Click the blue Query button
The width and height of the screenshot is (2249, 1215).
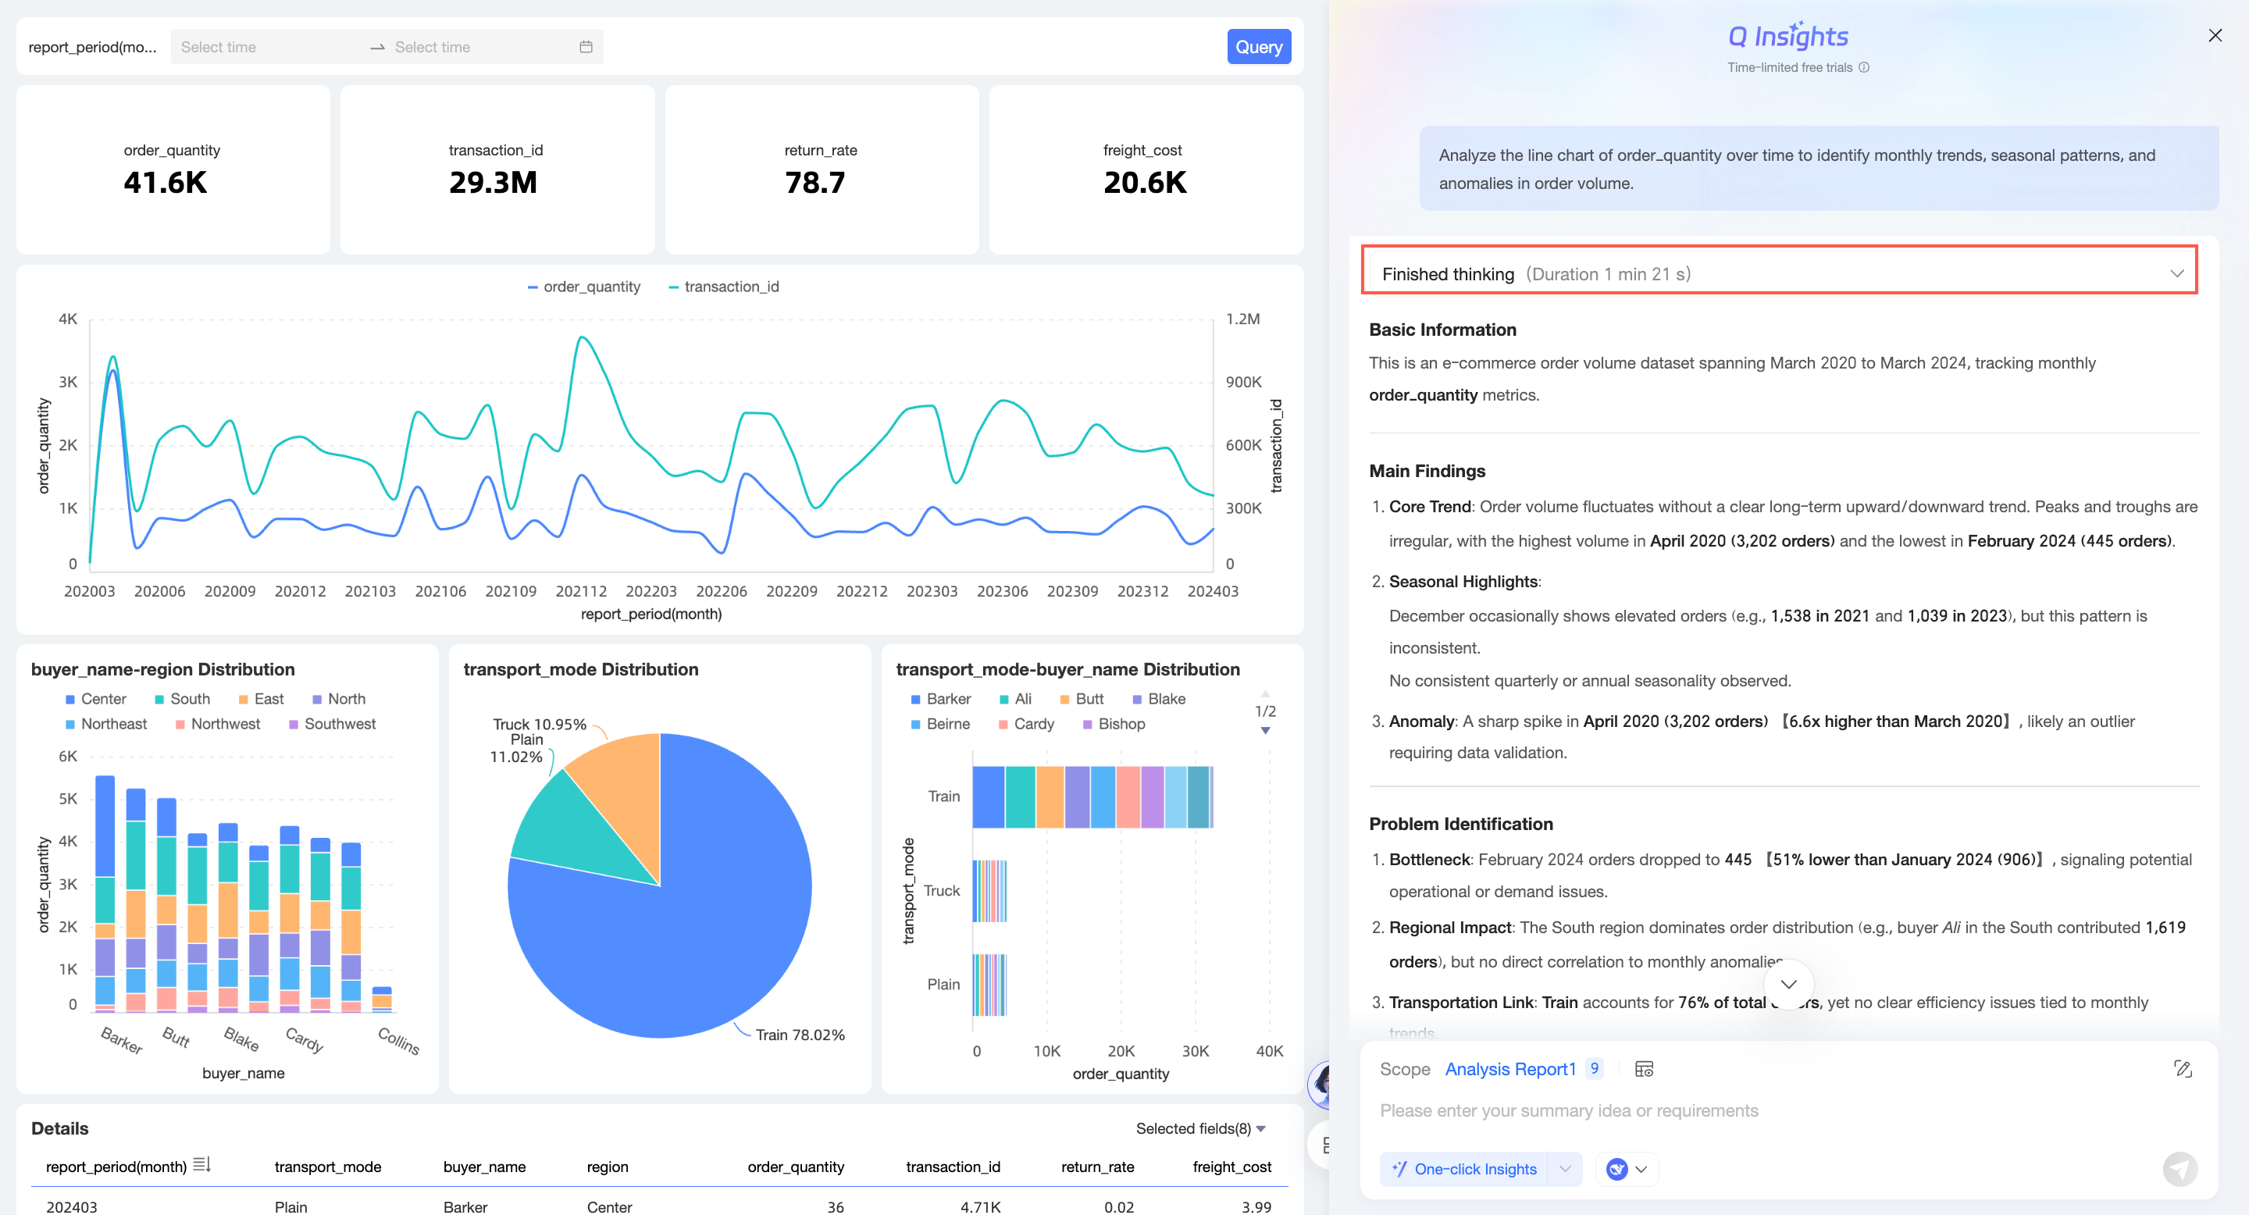click(x=1258, y=47)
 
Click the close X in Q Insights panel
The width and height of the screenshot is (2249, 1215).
click(x=2215, y=36)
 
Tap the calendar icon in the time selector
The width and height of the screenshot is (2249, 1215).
click(x=586, y=47)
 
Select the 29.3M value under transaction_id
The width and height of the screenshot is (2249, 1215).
click(x=494, y=183)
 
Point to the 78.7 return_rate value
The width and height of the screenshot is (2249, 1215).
click(x=814, y=183)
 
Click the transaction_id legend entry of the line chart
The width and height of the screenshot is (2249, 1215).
click(x=724, y=287)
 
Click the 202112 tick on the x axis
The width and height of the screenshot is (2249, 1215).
click(x=580, y=591)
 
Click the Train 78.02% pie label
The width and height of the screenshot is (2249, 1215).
click(x=799, y=1035)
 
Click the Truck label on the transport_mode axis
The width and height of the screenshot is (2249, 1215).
click(x=941, y=890)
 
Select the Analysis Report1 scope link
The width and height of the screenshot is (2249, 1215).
click(x=1509, y=1068)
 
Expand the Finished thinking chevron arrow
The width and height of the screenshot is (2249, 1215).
click(x=2176, y=273)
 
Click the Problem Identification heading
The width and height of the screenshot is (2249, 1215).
click(x=1460, y=823)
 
